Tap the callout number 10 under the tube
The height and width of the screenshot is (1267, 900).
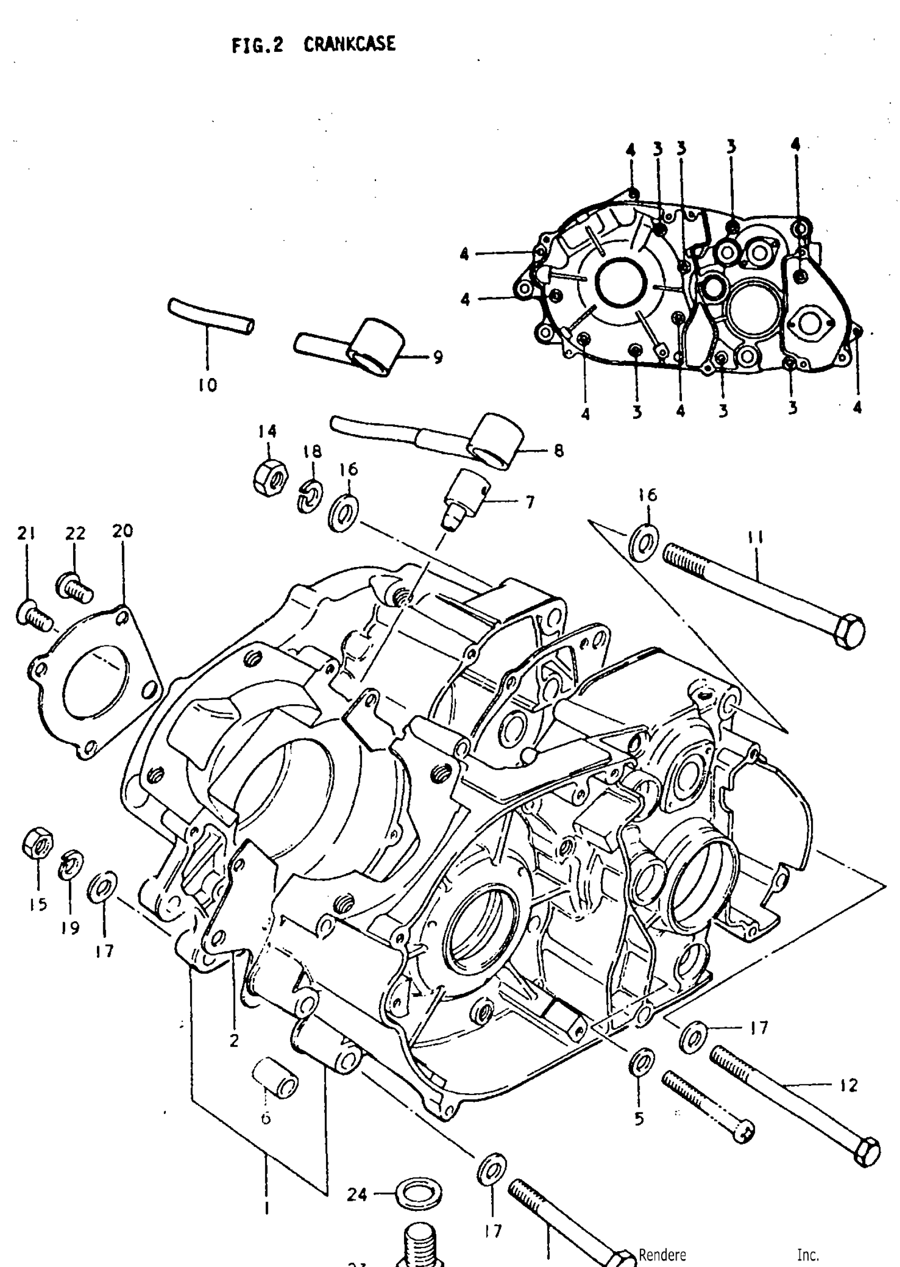208,384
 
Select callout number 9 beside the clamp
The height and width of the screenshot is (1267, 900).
438,357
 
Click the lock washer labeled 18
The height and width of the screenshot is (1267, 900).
311,495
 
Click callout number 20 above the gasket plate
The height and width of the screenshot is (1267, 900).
122,531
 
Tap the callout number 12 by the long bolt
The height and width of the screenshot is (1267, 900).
848,1085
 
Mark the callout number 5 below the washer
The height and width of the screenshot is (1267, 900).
639,1119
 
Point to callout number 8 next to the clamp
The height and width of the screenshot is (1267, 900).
559,451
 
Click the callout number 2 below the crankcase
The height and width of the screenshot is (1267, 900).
234,1041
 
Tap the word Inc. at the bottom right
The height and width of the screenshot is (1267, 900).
807,1254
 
